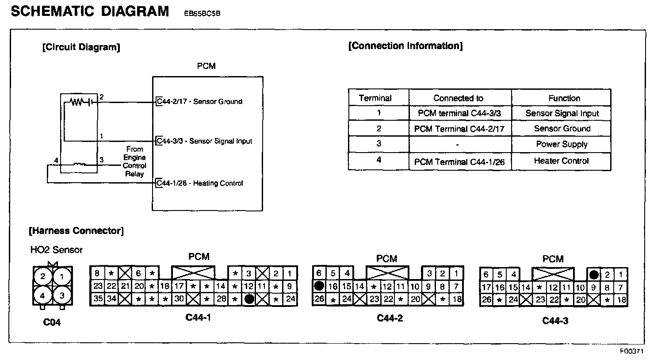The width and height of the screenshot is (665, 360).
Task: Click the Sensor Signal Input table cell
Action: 562,113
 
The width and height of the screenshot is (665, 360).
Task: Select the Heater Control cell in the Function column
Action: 561,161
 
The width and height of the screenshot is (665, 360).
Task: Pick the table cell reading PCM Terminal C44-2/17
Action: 459,129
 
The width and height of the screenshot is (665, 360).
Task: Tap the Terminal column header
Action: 375,98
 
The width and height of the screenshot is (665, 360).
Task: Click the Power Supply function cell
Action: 562,144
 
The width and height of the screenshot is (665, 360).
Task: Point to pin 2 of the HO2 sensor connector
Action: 43,277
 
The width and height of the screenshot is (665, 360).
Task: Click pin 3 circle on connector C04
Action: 62,295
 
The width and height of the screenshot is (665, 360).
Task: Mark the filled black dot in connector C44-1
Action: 249,299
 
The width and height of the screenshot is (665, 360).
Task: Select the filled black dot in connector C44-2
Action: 319,286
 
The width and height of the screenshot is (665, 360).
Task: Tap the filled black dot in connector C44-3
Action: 594,275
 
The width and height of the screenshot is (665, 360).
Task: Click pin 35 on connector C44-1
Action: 98,299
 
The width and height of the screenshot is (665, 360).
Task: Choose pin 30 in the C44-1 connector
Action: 179,299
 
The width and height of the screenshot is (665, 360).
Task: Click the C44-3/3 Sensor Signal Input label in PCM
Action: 204,141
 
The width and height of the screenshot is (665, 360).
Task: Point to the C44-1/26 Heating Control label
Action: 200,183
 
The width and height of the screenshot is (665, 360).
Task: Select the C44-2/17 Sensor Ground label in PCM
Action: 200,102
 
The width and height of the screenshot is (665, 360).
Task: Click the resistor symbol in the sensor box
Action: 76,102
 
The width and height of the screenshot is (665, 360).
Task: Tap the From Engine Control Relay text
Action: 134,161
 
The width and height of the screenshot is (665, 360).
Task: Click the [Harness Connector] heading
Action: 76,231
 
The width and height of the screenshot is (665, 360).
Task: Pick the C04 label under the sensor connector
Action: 52,322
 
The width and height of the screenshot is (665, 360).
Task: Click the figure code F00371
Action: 631,352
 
